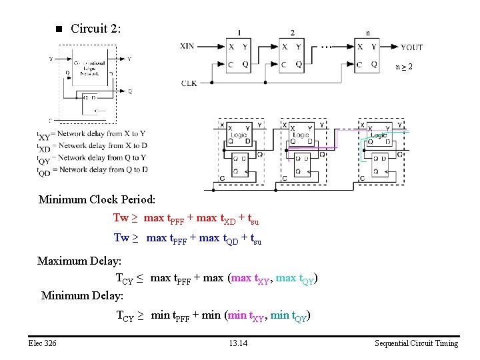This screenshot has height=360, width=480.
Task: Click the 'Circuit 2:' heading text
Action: pyautogui.click(x=95, y=29)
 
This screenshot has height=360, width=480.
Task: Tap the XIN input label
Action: pyautogui.click(x=188, y=46)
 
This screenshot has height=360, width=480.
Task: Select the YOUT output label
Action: pyautogui.click(x=411, y=47)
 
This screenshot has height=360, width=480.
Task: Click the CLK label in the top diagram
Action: pyautogui.click(x=189, y=83)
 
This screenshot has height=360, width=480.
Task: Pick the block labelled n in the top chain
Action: pyautogui.click(x=368, y=55)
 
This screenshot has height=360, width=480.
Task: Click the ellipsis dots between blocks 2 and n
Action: pyautogui.click(x=327, y=47)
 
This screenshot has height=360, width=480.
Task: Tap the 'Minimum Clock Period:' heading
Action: pyautogui.click(x=97, y=199)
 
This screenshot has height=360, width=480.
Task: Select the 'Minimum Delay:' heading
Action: pyautogui.click(x=82, y=294)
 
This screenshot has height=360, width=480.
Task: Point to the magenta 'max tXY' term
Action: pyautogui.click(x=250, y=279)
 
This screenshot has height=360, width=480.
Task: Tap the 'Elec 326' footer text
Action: pyautogui.click(x=42, y=343)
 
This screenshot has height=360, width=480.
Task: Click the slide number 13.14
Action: pyautogui.click(x=237, y=343)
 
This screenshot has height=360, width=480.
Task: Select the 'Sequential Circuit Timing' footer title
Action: pyautogui.click(x=416, y=343)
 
